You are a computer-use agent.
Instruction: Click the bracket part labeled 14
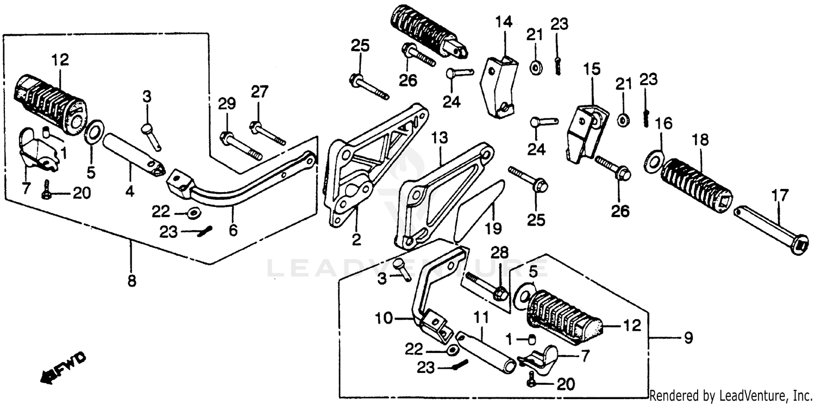click(x=498, y=84)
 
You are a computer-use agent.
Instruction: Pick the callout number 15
click(x=592, y=69)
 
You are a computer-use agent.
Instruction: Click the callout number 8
click(x=131, y=281)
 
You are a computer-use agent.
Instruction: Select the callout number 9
click(x=688, y=338)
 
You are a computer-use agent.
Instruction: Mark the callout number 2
click(x=356, y=239)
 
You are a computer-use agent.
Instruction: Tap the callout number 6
click(x=233, y=231)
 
